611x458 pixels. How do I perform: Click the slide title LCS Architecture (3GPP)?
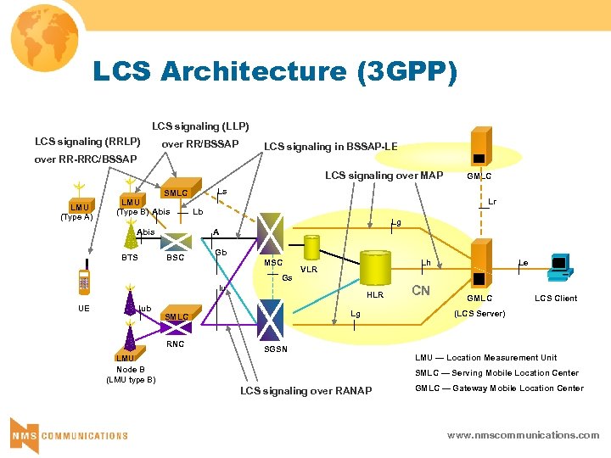point(274,73)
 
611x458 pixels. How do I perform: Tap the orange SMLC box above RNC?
point(177,316)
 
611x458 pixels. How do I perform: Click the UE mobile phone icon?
point(85,282)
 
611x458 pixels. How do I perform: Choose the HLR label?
point(374,296)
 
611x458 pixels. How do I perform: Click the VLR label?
point(309,271)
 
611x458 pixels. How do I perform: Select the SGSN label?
point(276,349)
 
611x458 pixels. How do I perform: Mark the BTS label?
point(129,257)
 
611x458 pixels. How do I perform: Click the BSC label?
point(175,257)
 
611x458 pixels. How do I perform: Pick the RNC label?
point(175,344)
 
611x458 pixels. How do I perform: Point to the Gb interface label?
point(220,253)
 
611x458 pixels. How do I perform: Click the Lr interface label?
point(492,203)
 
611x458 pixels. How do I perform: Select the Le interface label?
point(524,264)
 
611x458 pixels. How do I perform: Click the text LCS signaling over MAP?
point(384,176)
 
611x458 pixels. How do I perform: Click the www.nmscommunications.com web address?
point(523,435)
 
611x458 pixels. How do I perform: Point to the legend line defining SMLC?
point(497,373)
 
